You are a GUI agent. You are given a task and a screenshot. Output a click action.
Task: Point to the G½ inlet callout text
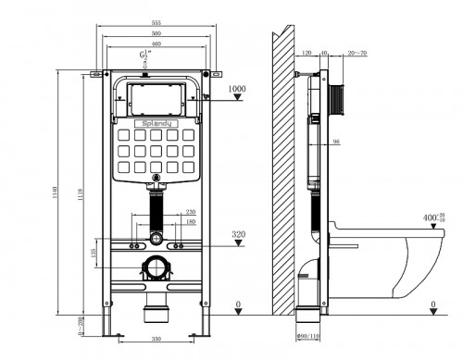pyautogui.click(x=144, y=58)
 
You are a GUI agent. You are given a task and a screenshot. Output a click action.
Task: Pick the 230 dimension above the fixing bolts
pyautogui.click(x=190, y=212)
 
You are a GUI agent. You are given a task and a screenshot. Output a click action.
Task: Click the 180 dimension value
pyautogui.click(x=190, y=222)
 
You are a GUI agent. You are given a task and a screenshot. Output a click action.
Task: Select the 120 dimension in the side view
pyautogui.click(x=307, y=54)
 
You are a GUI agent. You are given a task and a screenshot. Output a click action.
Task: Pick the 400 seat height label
pyautogui.click(x=431, y=217)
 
